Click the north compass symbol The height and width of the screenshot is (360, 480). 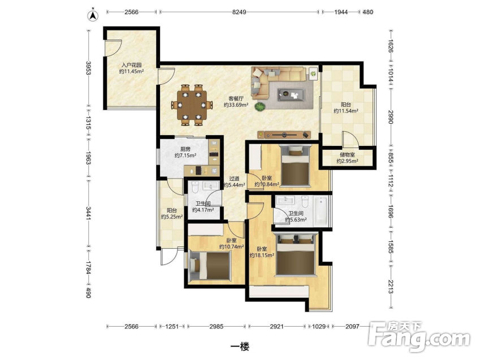pos(93,15)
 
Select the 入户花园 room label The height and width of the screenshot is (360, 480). pos(132,65)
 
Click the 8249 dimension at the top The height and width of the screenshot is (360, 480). pos(239,12)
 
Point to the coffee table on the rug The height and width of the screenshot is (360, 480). pos(291,94)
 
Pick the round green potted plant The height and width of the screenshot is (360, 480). pos(260,107)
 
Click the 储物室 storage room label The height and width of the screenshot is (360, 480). pos(347,155)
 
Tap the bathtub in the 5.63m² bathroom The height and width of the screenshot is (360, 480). pos(321,211)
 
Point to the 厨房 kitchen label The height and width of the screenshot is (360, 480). pos(185,149)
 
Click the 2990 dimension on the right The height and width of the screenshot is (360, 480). pos(390,117)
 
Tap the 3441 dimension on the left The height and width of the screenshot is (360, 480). pos(88,213)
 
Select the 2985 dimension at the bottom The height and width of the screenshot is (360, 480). pos(216,326)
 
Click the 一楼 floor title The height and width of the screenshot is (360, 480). pos(240,346)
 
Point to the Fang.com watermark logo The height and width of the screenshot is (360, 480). pos(420,337)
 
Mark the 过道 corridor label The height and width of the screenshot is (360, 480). pos(234,179)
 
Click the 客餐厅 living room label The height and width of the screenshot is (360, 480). pos(236,98)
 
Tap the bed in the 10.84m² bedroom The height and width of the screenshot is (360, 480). pos(295,166)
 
